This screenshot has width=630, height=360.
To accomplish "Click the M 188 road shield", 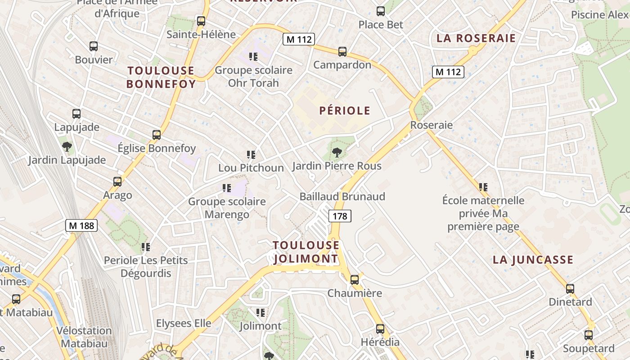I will [81, 225].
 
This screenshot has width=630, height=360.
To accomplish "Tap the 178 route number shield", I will [340, 216].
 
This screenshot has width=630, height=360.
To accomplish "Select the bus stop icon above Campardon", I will [342, 52].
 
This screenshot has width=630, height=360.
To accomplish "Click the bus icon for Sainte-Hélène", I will [201, 21].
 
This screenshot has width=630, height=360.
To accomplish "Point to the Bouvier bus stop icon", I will [94, 46].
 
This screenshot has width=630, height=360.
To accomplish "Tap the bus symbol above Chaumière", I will [355, 280].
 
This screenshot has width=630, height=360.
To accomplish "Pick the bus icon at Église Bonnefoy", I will [157, 135].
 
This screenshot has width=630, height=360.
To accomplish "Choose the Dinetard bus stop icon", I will [570, 289].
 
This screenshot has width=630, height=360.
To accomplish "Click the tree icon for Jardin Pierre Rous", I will [337, 153].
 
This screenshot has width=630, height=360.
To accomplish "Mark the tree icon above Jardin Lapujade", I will [67, 146].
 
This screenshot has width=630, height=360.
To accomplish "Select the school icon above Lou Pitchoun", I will [251, 155].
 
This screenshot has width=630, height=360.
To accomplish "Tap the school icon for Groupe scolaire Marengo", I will [227, 188].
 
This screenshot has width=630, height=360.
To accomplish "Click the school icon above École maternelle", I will [483, 187].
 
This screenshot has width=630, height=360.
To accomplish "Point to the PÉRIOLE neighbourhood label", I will [345, 111].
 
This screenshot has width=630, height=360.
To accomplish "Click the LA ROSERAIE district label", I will [476, 38].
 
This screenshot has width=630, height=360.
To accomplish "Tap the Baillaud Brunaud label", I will [342, 197].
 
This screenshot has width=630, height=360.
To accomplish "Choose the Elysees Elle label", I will [184, 323].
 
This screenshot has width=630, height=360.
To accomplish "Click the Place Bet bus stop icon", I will [381, 11].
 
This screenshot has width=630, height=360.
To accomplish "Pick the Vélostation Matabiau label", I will [84, 337].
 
